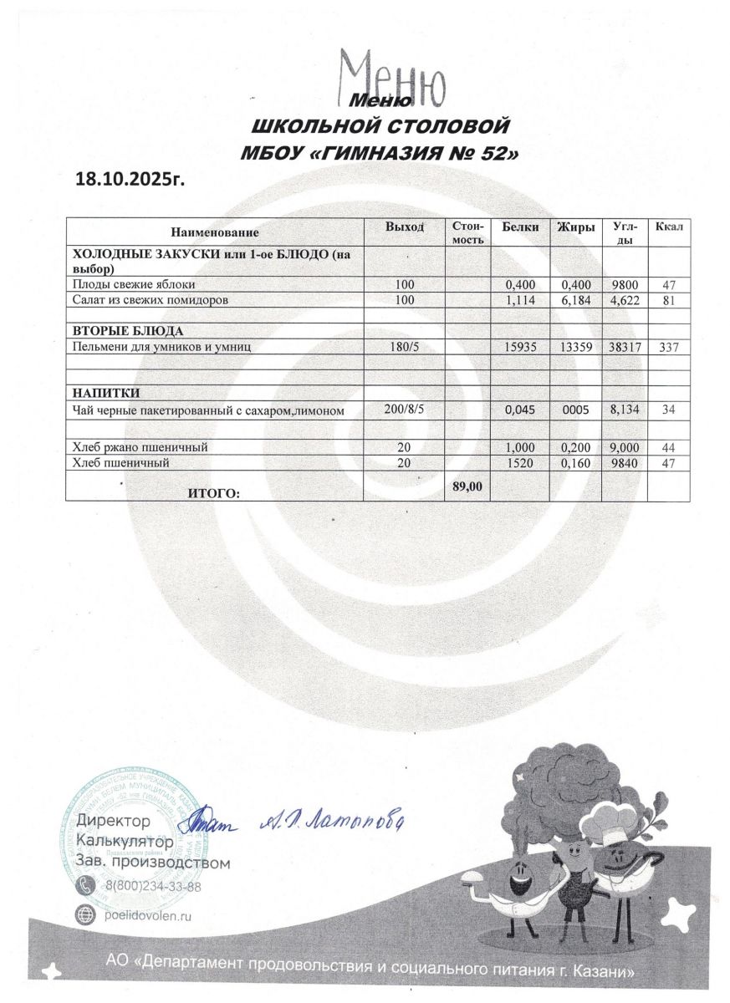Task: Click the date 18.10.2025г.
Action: point(130,178)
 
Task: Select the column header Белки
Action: point(519,227)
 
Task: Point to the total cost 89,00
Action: point(467,486)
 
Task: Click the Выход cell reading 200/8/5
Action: point(405,409)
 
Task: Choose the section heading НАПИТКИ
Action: point(106,393)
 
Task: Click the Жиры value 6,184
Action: point(576,298)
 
